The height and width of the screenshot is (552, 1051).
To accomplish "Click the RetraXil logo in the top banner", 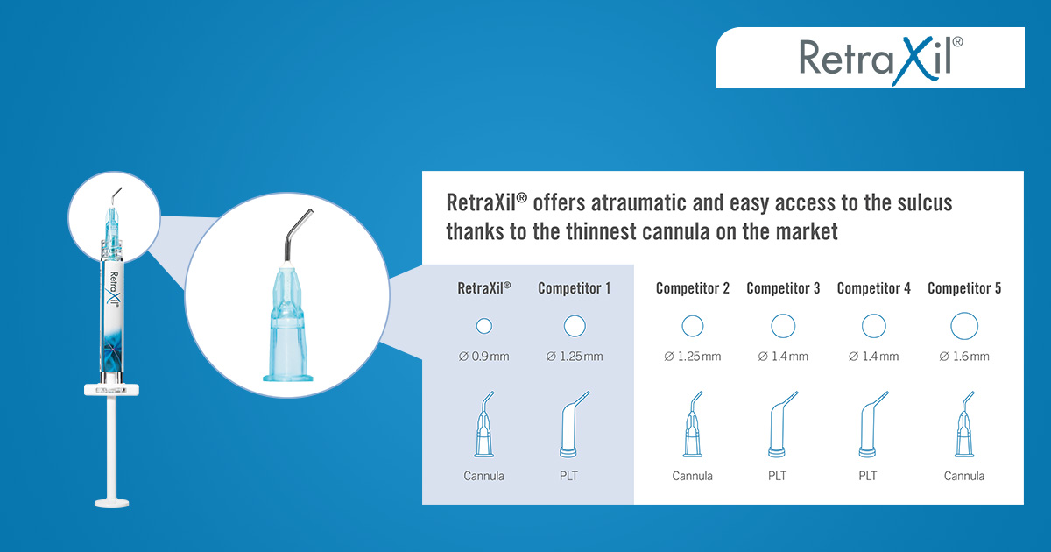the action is coord(881,60).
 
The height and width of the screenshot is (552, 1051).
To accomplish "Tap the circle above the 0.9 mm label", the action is coord(483,326).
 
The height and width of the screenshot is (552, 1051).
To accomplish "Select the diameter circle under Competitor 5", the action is coord(964,326).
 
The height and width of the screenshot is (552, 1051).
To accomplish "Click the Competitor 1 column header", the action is coord(575,288).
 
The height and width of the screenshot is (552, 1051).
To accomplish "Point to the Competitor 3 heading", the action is coord(783,288).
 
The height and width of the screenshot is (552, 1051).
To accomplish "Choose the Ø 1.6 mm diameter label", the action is coord(964,357).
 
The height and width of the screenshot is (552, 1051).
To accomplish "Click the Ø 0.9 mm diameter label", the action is coord(483,357).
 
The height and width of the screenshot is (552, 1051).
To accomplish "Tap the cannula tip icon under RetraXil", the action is coord(483,424).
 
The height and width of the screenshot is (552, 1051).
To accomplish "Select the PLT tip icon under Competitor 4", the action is coord(872,424).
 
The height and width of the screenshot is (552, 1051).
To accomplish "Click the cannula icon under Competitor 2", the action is coord(692,424).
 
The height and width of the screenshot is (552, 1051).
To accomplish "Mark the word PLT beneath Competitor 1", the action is coord(568,476).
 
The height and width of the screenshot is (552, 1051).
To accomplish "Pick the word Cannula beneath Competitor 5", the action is coord(964,476).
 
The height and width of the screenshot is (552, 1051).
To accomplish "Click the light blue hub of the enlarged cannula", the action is coord(287,324).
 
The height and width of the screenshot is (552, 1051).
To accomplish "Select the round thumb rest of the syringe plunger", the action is coord(112,503).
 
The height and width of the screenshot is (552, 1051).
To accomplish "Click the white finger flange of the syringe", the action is coord(112,390).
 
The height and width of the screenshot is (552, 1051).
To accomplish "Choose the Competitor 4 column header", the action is coord(874,288).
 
